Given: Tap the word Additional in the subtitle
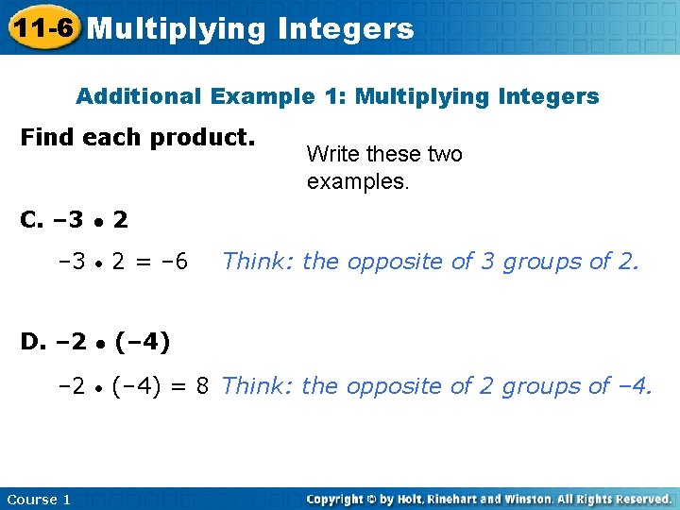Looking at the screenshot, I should pos(138,96).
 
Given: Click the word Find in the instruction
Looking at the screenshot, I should pos(47,137).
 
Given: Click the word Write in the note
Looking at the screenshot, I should pos(332,154).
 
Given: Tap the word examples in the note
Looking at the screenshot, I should pos(355,180).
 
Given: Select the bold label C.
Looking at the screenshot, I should pos(31,220).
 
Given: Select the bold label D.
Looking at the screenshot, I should pos(32,341).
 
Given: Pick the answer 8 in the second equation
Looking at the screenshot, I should pos(202,385).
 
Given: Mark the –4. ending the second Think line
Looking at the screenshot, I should pos(634,385).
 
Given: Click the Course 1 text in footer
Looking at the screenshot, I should pos(38,499).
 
